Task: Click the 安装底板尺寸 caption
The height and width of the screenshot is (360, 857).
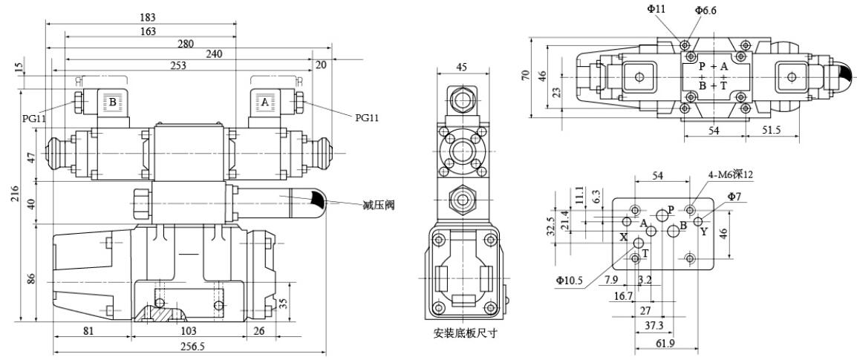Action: coord(466,333)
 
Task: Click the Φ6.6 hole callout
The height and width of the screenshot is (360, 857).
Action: coord(706,10)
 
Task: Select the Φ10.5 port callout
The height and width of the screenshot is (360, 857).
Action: coord(569,280)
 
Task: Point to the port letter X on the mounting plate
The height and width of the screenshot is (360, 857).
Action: coord(624,238)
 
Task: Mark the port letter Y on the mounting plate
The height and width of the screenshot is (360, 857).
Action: coord(704,232)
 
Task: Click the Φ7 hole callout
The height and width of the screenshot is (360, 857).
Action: coord(734,196)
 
